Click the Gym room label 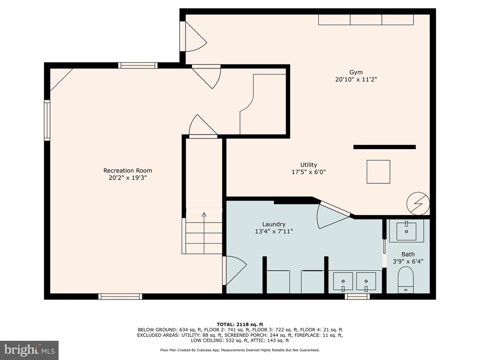click(356, 72)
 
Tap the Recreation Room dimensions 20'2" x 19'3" click(127, 178)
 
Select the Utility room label click(308, 165)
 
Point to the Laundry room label click(274, 225)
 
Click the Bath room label click(408, 254)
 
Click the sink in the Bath click(406, 231)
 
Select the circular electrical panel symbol click(418, 203)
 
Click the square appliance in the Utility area click(378, 172)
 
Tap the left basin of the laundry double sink click(343, 282)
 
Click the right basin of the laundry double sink click(366, 282)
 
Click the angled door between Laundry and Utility click(333, 214)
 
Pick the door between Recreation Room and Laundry click(235, 270)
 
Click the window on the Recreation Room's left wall click(47, 120)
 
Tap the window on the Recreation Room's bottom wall click(120, 296)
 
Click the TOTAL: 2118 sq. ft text click(240, 324)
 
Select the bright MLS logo click(30, 350)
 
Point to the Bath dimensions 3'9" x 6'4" click(408, 262)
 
